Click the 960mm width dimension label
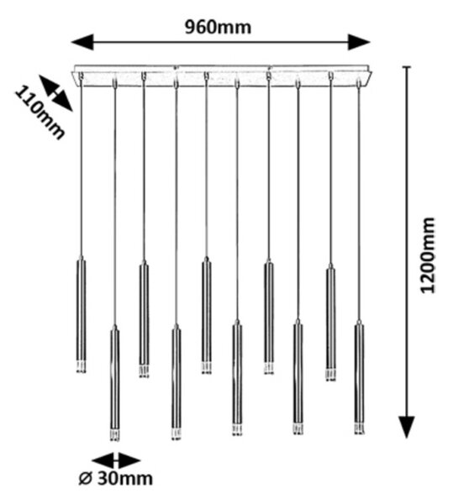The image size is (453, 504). pyautogui.click(x=218, y=28)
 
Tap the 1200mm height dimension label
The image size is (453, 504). pyautogui.click(x=427, y=255)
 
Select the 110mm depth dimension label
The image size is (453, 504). pyautogui.click(x=40, y=113)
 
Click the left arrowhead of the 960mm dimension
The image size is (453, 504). pyautogui.click(x=82, y=42)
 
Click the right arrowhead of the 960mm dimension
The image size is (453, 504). pyautogui.click(x=359, y=42)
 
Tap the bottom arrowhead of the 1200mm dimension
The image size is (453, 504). pyautogui.click(x=407, y=427)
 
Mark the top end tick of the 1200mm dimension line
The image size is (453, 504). pyautogui.click(x=407, y=67)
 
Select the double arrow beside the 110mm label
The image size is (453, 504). pyautogui.click(x=55, y=93)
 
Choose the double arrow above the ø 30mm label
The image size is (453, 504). pyautogui.click(x=116, y=460)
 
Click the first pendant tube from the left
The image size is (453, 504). pyautogui.click(x=81, y=314)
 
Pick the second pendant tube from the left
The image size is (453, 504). pyautogui.click(x=115, y=382)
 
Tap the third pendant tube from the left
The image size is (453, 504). pyautogui.click(x=144, y=319)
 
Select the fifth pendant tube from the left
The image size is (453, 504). pyautogui.click(x=207, y=315)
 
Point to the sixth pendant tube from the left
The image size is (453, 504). pyautogui.click(x=237, y=378)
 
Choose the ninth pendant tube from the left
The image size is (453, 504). pyautogui.click(x=330, y=323)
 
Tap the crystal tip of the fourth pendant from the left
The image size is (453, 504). pyautogui.click(x=176, y=434)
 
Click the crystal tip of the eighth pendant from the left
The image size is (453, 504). pyautogui.click(x=298, y=429)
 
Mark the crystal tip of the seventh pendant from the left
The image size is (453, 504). pyautogui.click(x=269, y=369)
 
